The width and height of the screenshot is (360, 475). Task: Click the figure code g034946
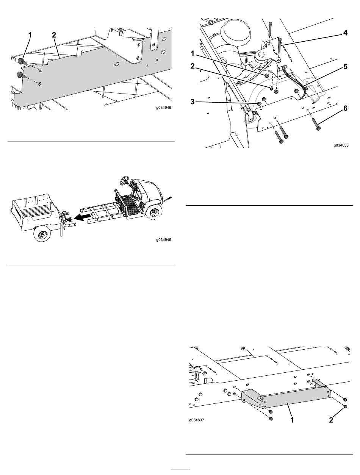coord(163,107)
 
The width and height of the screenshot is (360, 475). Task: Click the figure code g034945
coord(163,239)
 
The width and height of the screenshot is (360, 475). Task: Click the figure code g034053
coord(341,145)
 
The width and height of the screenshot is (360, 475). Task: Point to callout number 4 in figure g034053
coord(345,33)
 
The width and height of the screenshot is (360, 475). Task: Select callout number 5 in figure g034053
coord(345,66)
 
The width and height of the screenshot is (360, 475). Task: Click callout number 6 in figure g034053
coord(345,108)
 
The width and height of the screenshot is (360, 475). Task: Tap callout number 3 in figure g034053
coord(193,102)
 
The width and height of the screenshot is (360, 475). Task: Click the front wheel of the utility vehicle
coord(154,212)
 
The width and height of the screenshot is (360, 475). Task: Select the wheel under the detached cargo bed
coord(42,233)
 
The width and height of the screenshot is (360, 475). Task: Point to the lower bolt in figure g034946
coord(21,75)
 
